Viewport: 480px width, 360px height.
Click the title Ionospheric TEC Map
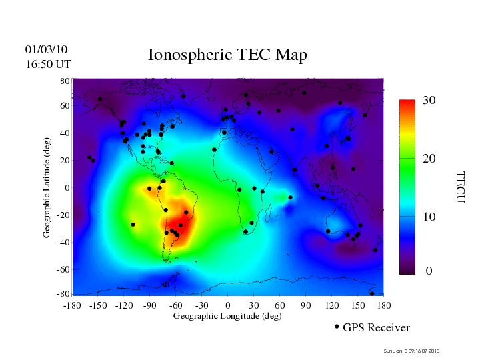pyautogui.click(x=227, y=55)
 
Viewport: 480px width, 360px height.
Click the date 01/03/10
pyautogui.click(x=46, y=49)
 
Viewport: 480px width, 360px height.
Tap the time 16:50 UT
pyautogui.click(x=47, y=64)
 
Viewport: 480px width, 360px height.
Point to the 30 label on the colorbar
pyautogui.click(x=429, y=101)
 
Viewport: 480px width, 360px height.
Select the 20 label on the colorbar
pyautogui.click(x=429, y=159)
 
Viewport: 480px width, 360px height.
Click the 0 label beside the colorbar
pyautogui.click(x=429, y=271)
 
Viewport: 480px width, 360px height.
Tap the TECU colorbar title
pyautogui.click(x=459, y=187)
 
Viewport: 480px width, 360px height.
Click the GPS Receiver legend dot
pyautogui.click(x=337, y=327)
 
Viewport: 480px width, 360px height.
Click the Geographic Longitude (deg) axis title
pyautogui.click(x=227, y=316)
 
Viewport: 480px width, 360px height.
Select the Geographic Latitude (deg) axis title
pyautogui.click(x=47, y=187)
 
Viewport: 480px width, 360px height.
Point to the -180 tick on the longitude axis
pyautogui.click(x=72, y=305)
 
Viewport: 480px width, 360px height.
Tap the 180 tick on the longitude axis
pyautogui.click(x=383, y=305)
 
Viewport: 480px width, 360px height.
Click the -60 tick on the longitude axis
pyautogui.click(x=176, y=305)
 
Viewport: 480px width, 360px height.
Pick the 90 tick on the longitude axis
pyautogui.click(x=305, y=305)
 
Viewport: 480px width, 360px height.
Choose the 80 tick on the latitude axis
pyautogui.click(x=65, y=81)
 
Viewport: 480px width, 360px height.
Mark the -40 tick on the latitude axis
pyautogui.click(x=63, y=242)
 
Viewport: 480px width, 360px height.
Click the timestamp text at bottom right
pyautogui.click(x=412, y=351)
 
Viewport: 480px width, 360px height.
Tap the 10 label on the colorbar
pyautogui.click(x=429, y=217)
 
